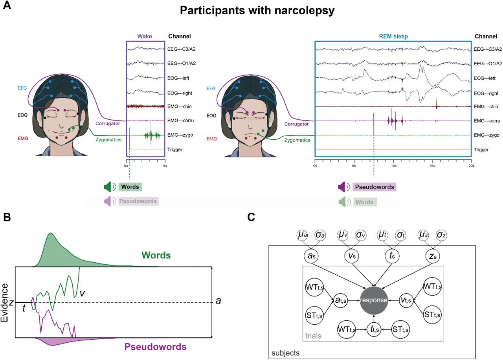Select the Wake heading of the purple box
tap(145, 36)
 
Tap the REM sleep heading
tap(393, 36)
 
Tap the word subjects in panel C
tap(286, 353)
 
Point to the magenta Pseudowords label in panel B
tap(156, 347)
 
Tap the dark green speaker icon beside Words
tap(108, 187)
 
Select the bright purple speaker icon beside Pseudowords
tap(344, 187)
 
